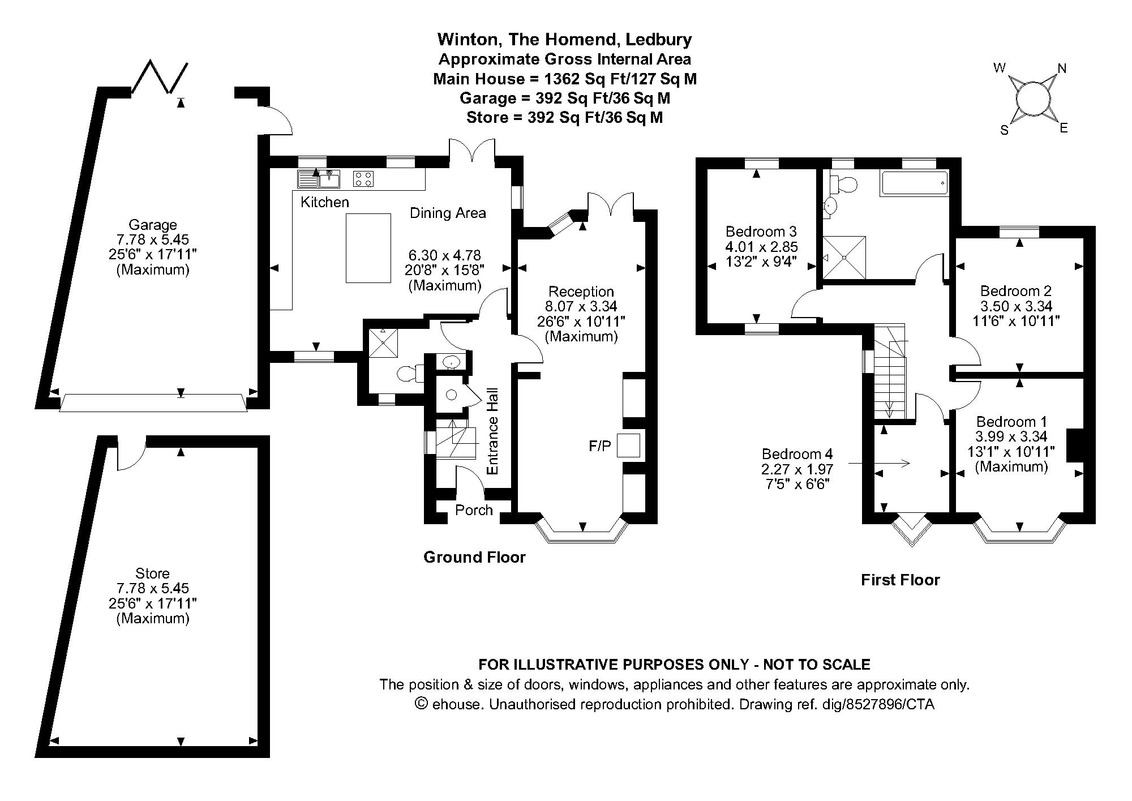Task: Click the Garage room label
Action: coord(153,225)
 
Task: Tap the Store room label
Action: coord(153,573)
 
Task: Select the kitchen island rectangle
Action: coord(368,248)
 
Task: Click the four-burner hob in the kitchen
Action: coord(363,179)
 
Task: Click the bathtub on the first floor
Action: coord(914,185)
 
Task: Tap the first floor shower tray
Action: coord(844,258)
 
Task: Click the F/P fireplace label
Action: coord(600,447)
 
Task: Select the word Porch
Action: coord(474,510)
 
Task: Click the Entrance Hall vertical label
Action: coord(492,431)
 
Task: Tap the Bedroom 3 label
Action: coord(761,232)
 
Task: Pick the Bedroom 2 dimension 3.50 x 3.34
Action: coord(1017,306)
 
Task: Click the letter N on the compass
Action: coord(1062,68)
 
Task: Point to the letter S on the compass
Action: coord(1005,131)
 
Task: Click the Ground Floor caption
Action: coord(474,558)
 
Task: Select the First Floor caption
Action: coord(901,580)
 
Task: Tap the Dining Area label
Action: coord(448,213)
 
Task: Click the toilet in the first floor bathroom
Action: coord(843,183)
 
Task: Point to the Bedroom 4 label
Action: coord(797,454)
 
